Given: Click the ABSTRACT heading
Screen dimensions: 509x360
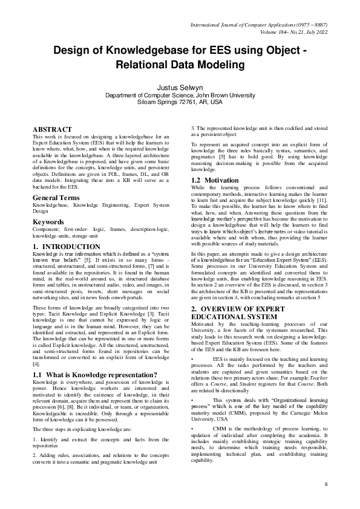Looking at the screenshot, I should point(53,129).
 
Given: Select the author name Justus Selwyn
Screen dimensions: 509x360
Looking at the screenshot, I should point(180,87).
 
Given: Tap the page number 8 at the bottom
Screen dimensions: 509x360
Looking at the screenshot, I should point(326,485).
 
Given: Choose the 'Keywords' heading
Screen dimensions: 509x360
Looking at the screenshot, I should point(48,222).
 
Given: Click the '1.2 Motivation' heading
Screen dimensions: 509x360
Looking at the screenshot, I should point(213,180).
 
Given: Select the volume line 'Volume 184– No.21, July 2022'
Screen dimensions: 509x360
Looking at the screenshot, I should point(287,31).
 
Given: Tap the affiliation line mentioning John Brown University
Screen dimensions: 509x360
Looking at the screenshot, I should point(180,96).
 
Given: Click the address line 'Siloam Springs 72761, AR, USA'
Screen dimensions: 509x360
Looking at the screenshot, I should point(180,102).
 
